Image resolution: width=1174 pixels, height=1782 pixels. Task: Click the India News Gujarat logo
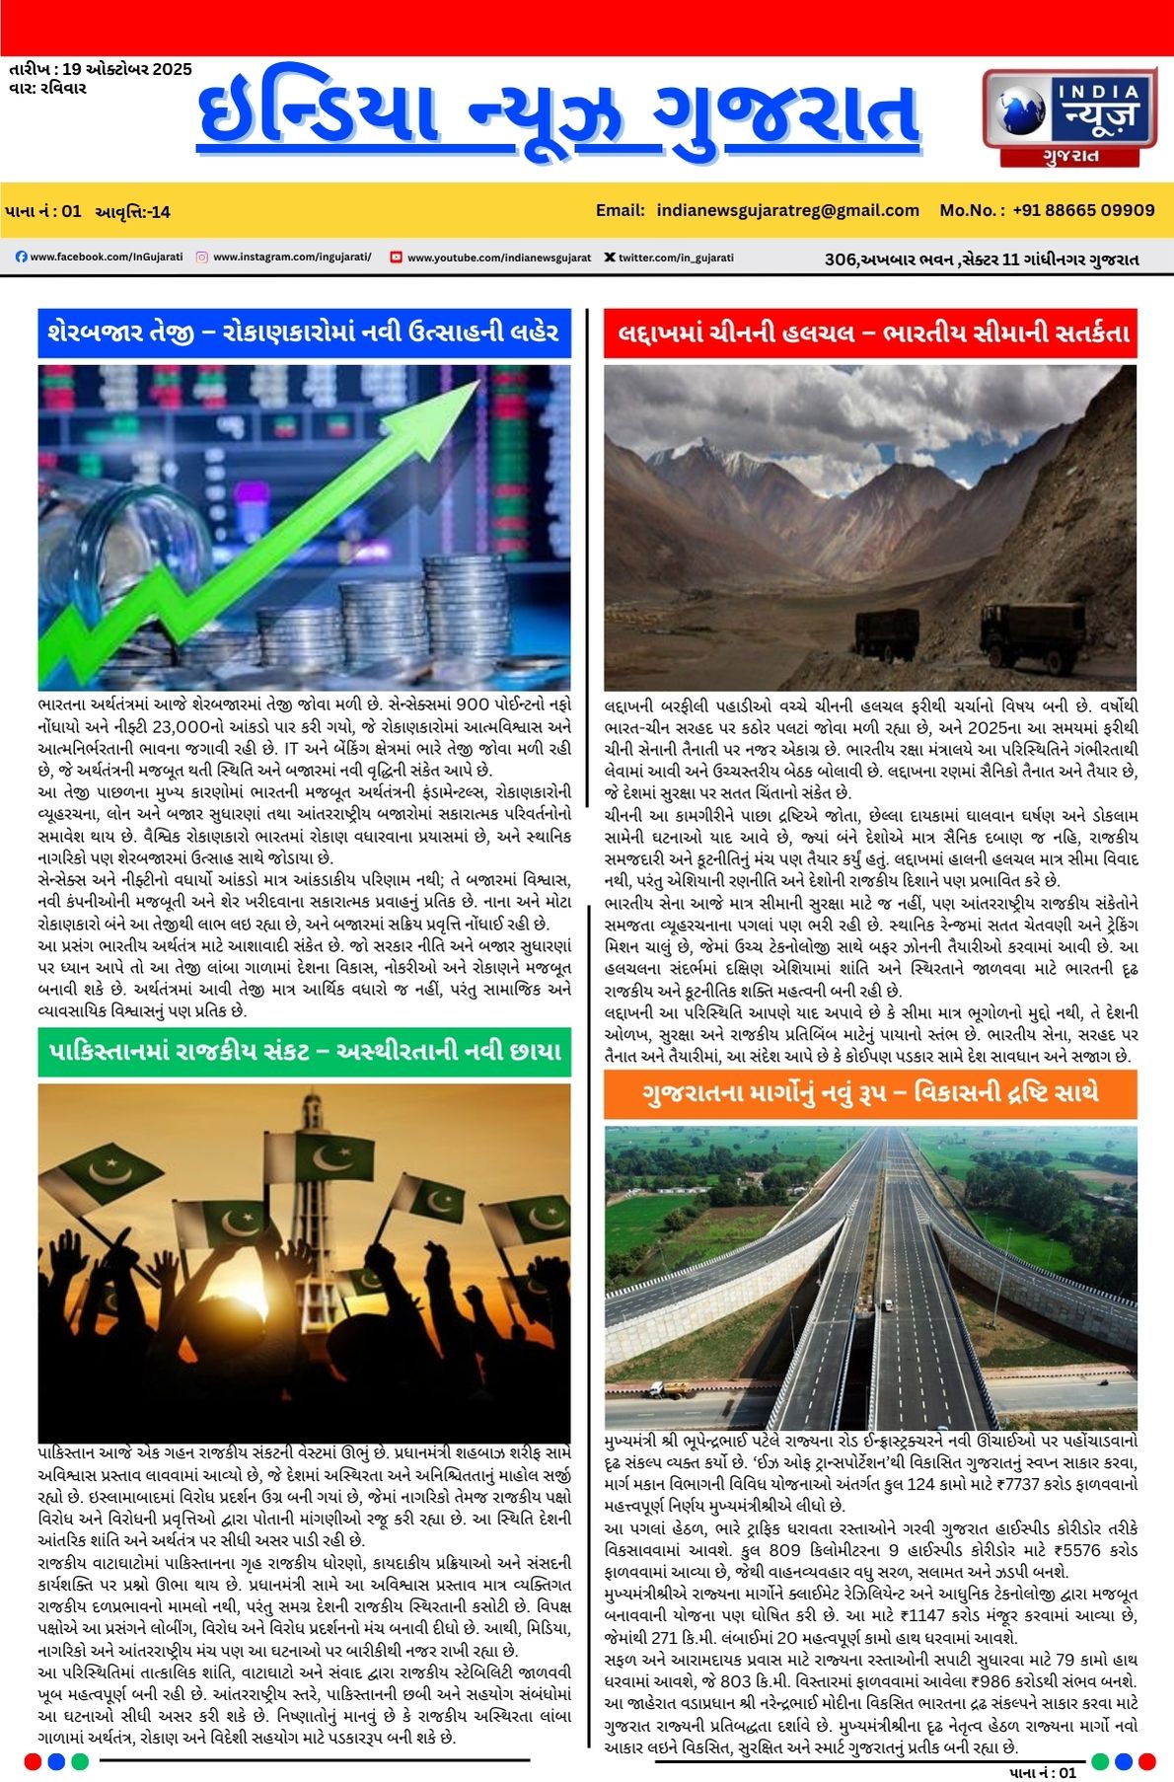tap(1068, 116)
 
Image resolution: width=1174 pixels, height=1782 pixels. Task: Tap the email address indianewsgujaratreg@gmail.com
tap(787, 210)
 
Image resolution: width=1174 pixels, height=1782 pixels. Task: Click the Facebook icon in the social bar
tap(22, 258)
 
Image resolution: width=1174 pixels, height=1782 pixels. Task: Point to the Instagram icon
tap(201, 258)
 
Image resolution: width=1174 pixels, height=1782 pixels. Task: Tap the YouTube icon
tap(396, 258)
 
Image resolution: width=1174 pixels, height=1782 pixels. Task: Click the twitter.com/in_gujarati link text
tap(676, 258)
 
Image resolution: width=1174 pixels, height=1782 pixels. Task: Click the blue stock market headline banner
tap(304, 333)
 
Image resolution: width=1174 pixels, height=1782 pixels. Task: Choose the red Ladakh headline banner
tap(869, 333)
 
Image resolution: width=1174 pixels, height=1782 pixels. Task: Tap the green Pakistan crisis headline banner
tap(304, 1052)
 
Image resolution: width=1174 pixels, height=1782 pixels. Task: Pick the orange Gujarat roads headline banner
tap(869, 1093)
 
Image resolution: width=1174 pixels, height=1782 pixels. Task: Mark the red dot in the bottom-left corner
tap(33, 1761)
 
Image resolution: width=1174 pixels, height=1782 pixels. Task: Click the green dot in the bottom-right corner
tap(1100, 1761)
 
